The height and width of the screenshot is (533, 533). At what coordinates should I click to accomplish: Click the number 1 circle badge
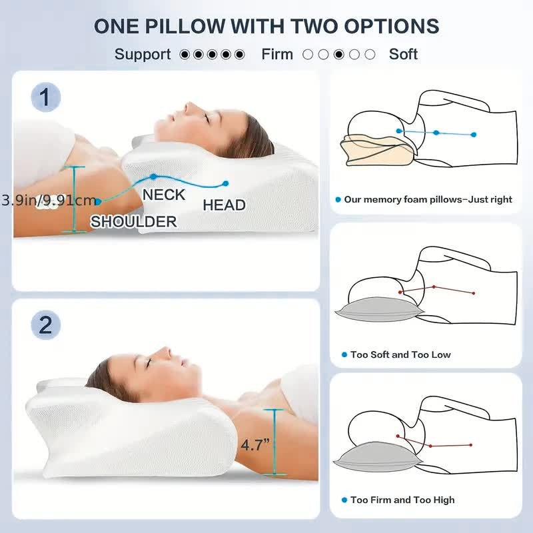point(45,98)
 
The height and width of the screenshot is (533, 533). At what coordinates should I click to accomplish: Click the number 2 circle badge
point(45,326)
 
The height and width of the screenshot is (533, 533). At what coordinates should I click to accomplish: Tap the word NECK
point(164,195)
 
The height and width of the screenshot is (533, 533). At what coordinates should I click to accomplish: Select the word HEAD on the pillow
point(224,205)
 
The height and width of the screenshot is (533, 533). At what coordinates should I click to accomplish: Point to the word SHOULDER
point(133,222)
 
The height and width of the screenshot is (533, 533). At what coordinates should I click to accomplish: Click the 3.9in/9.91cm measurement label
point(48,200)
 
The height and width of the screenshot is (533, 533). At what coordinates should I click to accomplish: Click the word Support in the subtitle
point(143,54)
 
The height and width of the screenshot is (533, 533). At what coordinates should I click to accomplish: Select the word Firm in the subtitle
point(277,54)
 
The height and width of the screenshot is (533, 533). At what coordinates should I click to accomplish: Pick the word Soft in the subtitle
point(403,54)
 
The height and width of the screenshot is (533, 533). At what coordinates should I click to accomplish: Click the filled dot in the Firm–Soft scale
point(339,55)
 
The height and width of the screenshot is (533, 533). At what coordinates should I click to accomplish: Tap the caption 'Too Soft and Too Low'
point(400,354)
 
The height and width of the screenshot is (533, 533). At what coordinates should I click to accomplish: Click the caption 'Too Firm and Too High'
point(402,500)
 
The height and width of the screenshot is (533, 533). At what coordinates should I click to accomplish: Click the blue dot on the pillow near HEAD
point(225,183)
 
